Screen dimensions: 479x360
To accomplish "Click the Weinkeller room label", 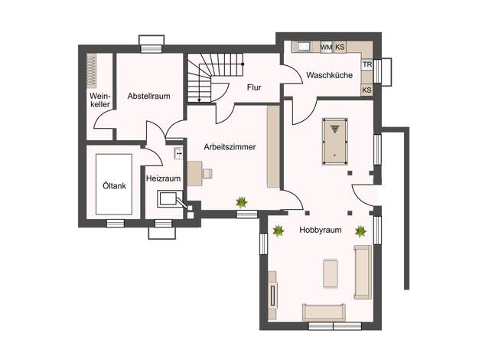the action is point(99,100).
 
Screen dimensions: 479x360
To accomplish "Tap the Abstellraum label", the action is point(148,96).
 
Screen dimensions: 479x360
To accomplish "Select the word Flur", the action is point(254,87).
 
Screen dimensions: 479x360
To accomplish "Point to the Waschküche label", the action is point(329,75).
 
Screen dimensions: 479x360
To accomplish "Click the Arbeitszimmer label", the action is point(230,147).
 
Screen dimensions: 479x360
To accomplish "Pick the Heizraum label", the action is point(163,178).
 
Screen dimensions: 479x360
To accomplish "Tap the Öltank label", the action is point(114,185).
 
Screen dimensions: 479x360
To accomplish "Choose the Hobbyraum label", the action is point(321,230).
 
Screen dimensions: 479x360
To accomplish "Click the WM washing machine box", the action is point(326,47).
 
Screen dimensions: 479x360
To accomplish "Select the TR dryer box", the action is point(367,64).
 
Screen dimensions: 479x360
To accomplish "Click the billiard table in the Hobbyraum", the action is point(335,141).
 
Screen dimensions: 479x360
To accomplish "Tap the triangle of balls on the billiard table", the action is point(335,129).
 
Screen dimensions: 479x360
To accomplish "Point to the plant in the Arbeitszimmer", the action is point(241,202).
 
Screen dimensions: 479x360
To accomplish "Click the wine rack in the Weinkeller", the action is point(91,71).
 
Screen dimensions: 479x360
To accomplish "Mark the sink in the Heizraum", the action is point(178,153).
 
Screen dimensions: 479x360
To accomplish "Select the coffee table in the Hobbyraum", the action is point(331,273).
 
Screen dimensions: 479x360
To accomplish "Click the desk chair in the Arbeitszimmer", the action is point(207,173).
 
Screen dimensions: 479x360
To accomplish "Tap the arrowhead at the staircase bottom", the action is point(199,100).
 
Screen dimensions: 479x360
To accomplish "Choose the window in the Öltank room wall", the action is point(116,224).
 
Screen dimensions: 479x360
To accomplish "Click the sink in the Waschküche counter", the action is point(304,47).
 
